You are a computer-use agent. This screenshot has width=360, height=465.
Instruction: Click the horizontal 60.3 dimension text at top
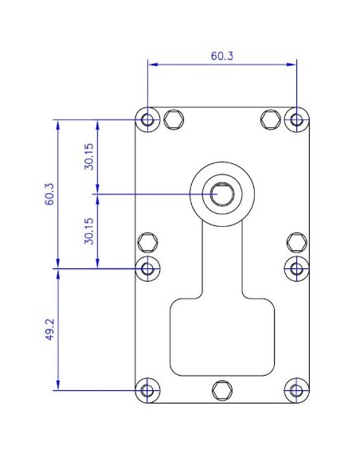coord(222,57)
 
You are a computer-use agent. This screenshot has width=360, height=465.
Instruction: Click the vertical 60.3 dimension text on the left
coord(49,194)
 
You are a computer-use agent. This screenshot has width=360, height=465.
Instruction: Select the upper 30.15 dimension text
coord(90,157)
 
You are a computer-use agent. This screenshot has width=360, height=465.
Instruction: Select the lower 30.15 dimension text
coord(90,231)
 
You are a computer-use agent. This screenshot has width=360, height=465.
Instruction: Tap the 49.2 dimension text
coord(49,329)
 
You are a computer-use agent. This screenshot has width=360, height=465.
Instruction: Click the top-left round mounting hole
coord(147,120)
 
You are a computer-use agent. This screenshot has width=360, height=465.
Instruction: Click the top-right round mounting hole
coord(296,120)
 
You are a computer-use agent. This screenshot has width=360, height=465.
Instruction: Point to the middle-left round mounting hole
coord(147,268)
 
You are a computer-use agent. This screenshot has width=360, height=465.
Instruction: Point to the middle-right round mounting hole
coord(296,268)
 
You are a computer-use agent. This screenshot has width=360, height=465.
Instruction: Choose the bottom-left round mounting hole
coord(147,390)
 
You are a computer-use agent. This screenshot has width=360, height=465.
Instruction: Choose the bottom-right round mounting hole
coord(296,390)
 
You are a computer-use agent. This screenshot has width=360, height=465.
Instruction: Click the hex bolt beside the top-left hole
coord(173,120)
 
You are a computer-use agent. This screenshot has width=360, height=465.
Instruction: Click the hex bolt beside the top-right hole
coord(271,120)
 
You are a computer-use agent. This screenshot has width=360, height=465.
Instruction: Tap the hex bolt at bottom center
coord(221,390)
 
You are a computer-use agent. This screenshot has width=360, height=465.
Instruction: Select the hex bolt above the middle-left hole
coord(147,242)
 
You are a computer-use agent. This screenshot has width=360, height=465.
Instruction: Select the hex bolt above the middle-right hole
coord(296,242)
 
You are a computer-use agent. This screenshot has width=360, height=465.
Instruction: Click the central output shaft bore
coord(221,193)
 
